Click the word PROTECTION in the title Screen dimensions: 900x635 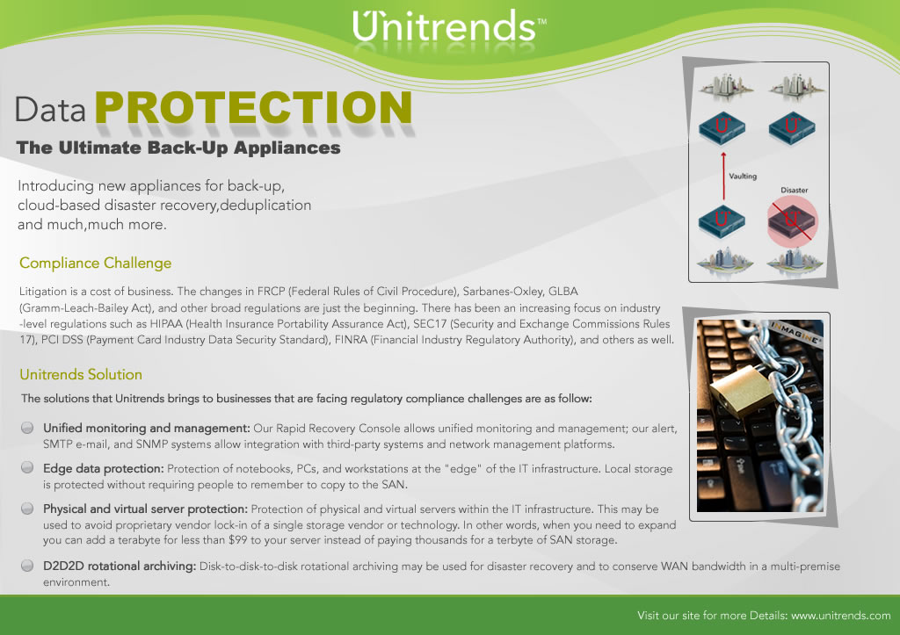click(254, 107)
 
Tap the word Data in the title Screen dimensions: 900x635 click(50, 110)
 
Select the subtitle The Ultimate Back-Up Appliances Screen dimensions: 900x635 click(178, 148)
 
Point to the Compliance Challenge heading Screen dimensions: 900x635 click(95, 263)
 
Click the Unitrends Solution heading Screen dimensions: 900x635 click(81, 374)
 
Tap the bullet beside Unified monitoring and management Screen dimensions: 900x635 click(27, 428)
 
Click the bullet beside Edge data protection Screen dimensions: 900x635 click(27, 467)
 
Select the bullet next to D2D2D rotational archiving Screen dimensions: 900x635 click(27, 566)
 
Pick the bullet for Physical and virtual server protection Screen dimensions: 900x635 click(27, 509)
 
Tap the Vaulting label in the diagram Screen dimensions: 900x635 click(743, 177)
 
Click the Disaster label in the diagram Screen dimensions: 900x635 click(795, 190)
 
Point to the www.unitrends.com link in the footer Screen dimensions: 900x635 click(841, 616)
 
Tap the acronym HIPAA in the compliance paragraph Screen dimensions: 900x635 click(166, 323)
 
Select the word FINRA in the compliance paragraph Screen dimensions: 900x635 click(351, 340)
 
